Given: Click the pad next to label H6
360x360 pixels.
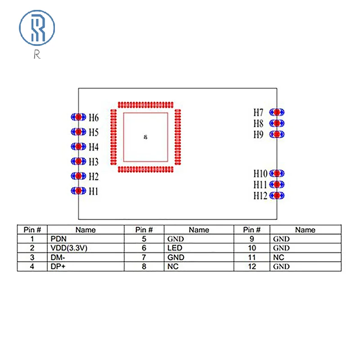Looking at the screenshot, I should (78, 117).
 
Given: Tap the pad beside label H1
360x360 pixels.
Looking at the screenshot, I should (78, 191).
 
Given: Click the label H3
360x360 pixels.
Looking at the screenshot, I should (93, 162).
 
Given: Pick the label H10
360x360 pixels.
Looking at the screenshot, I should (260, 173).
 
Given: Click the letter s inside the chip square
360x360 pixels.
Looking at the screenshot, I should (145, 137).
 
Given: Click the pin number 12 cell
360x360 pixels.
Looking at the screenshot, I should (252, 266).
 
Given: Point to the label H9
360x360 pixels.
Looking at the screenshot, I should (258, 135).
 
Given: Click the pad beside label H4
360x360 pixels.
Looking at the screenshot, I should (78, 147).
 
